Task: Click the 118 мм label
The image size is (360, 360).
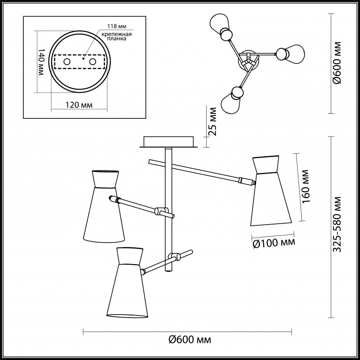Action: point(117,26)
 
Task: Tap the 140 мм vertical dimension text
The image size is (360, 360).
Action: point(40,62)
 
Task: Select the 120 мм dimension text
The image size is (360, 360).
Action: point(79,105)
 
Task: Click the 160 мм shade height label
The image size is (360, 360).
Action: point(306,186)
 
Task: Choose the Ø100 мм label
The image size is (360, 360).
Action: point(274,243)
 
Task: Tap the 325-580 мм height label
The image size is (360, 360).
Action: point(337,224)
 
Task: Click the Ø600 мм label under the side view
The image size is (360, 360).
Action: point(189,339)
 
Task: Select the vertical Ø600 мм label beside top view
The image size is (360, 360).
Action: point(337,63)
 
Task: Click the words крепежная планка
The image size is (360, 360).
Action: point(117,36)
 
